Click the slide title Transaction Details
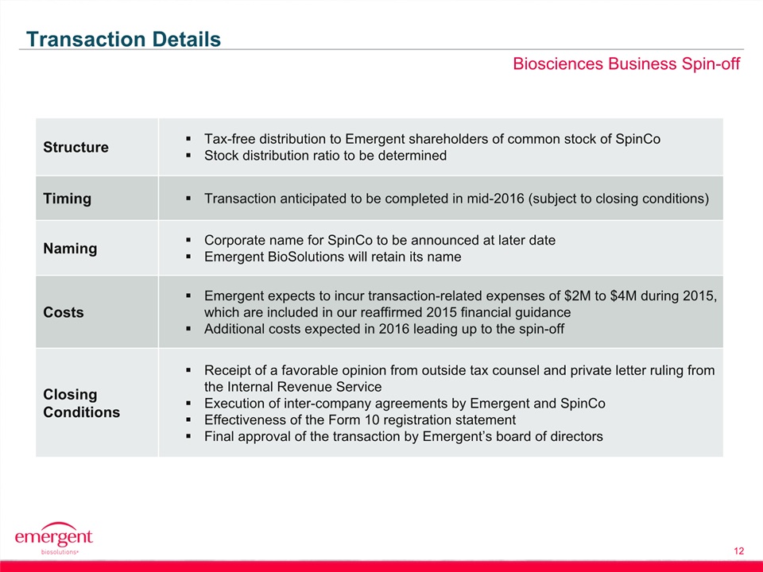pos(124,39)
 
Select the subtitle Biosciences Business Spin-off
pos(626,64)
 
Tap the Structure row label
pos(76,147)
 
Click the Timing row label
pos(67,199)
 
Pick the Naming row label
pos(70,249)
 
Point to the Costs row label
pos(64,312)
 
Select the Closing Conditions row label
pos(81,404)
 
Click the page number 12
pos(738,551)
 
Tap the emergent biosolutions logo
pos(53,539)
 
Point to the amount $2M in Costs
pos(578,296)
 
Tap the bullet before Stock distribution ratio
pos(188,156)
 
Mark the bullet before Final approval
pos(188,437)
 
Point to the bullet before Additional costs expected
pos(188,329)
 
